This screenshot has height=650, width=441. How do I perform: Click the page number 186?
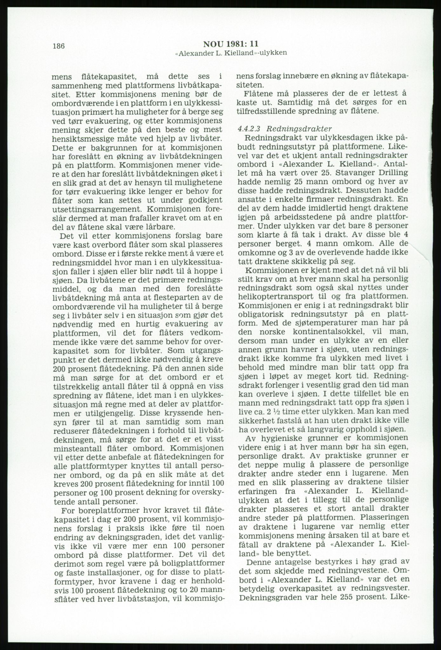(59, 46)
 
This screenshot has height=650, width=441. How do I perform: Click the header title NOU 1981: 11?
(231, 44)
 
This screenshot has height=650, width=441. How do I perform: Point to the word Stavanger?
(348, 173)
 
